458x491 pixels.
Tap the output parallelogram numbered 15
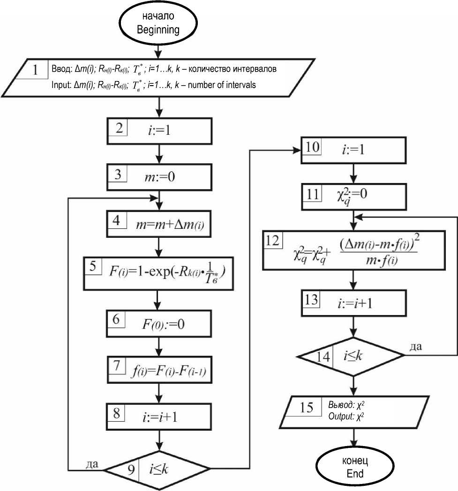pos(355,410)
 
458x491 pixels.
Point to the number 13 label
pos(311,299)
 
